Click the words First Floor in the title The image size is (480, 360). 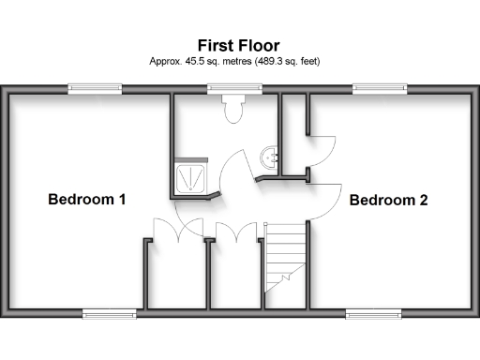pos(238,45)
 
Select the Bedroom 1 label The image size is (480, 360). pos(87,200)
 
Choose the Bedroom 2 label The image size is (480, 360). pos(389,200)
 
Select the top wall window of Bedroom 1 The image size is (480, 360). pos(95,90)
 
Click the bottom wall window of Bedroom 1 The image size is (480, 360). pos(110,312)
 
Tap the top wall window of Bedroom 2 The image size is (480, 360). pos(380,90)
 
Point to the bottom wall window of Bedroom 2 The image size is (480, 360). pos(374,312)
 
